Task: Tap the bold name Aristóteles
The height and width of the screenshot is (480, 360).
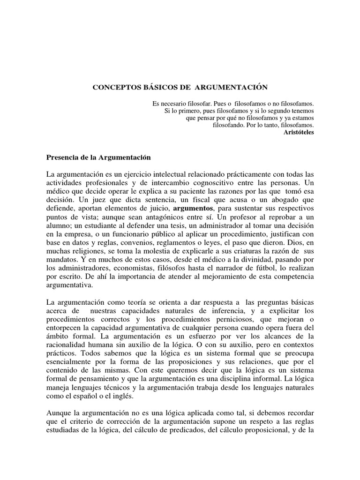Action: click(299, 133)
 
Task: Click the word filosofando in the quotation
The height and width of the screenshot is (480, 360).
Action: click(230, 126)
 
